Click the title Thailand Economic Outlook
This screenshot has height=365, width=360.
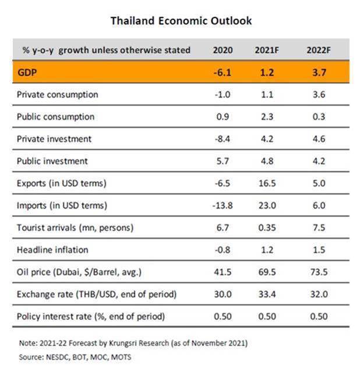pos(181,21)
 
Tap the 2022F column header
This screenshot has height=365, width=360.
pos(319,50)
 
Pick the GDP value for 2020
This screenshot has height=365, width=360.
pos(223,72)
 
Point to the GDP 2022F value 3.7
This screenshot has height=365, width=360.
pos(319,72)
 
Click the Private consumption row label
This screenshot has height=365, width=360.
pos(58,94)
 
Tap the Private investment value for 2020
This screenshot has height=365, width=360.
pos(223,139)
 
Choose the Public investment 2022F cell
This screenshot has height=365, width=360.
pos(319,161)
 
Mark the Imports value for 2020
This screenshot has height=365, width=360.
pos(223,205)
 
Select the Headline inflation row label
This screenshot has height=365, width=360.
pos(52,250)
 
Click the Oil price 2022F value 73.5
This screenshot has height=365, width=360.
pos(319,272)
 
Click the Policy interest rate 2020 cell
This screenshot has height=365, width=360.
pos(223,316)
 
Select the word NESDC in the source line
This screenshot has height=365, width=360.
pos(58,355)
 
